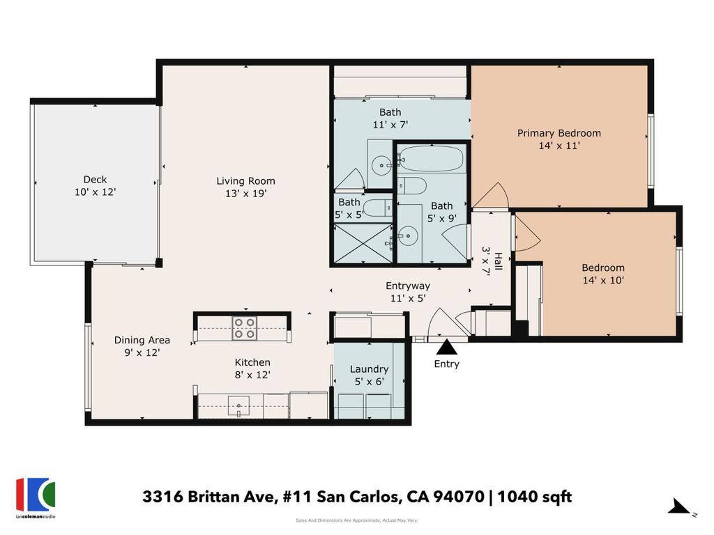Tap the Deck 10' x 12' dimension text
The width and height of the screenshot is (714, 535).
[x=95, y=192]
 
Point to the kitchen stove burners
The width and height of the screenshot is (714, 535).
[x=244, y=328]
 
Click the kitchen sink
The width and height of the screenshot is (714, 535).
[x=238, y=406]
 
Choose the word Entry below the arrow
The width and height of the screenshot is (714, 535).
[x=447, y=364]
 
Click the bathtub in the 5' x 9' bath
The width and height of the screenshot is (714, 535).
[x=431, y=158]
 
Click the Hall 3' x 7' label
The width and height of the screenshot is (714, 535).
[x=492, y=262]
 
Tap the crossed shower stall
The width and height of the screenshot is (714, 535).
[x=363, y=242]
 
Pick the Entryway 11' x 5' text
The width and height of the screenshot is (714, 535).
[x=407, y=292]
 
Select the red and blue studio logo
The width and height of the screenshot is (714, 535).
[x=36, y=495]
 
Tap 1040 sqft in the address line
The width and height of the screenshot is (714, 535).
[x=534, y=496]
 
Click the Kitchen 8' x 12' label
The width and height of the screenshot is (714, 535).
[x=252, y=369]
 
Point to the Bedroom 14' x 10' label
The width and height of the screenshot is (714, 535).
[x=603, y=274]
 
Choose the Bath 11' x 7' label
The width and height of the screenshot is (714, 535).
[x=390, y=118]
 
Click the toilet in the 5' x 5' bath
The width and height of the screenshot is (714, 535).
[x=379, y=208]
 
